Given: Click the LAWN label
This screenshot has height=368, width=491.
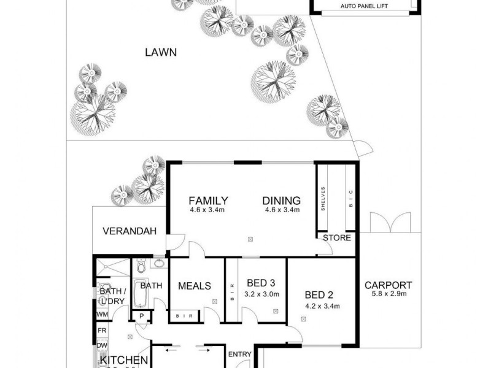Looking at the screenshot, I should [x=161, y=52].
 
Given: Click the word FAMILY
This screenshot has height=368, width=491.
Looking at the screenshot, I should [x=209, y=201].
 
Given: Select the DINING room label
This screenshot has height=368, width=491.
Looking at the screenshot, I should [x=282, y=201].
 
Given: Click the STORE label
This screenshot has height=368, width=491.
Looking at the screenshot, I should [x=337, y=238].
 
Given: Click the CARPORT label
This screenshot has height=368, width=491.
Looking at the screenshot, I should [x=388, y=285].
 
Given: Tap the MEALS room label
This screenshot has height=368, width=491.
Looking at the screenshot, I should [x=195, y=286].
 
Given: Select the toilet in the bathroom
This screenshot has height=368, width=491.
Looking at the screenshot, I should [x=141, y=267].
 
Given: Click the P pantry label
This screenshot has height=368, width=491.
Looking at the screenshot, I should [x=141, y=316].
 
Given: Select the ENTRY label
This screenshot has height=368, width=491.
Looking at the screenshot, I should [x=239, y=355].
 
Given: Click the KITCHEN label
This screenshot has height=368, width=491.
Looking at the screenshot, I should [x=123, y=360].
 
